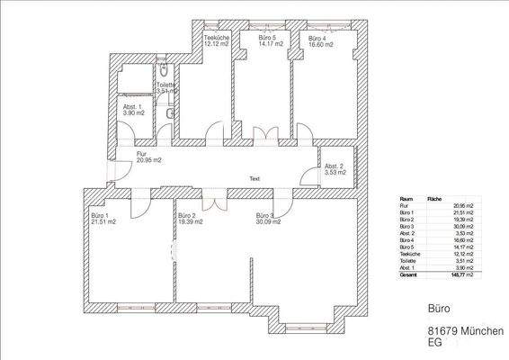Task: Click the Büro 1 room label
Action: [x=99, y=216]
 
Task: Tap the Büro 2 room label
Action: [x=187, y=216]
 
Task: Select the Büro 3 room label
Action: [x=264, y=216]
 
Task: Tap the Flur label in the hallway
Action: [x=141, y=154]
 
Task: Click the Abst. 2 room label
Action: [x=334, y=166]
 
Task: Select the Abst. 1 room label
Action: [x=132, y=106]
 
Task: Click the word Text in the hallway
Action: [x=254, y=178]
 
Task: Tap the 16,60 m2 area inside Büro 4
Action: [x=320, y=43]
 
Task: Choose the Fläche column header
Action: [x=433, y=198]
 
